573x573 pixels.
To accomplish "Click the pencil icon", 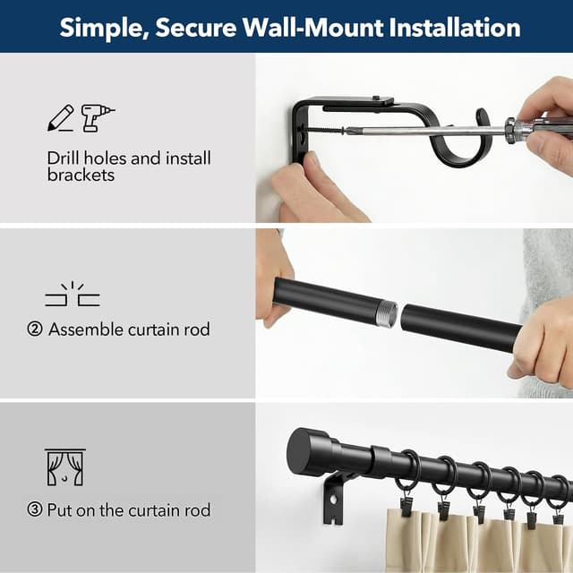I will point(60,118).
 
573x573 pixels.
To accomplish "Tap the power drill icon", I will point(98,117).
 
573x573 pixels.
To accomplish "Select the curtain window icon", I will point(64,467).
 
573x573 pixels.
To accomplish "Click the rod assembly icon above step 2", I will point(73,296).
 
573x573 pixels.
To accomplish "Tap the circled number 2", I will point(35,329).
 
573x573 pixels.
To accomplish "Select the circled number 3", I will point(35,510).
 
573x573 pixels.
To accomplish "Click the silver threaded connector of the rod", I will point(386,312).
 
